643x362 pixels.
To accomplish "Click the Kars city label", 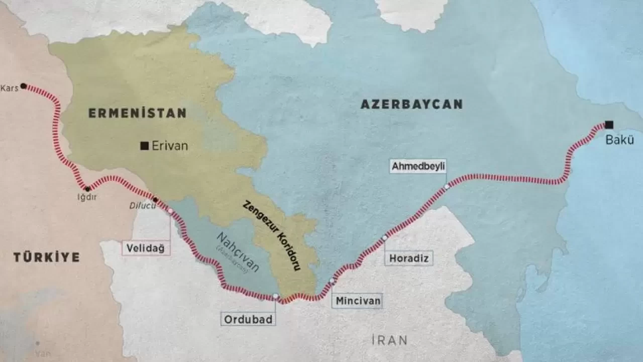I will tap(9, 88).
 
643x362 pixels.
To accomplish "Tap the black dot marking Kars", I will tap(23, 86).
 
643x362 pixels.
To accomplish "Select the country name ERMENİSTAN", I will tap(137, 113).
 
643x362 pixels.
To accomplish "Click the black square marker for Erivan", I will tap(144, 146).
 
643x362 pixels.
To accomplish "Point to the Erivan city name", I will tap(170, 146).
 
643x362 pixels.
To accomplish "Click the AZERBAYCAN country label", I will tap(411, 104).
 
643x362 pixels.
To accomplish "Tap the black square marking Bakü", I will tap(609, 124).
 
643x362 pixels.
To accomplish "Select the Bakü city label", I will tap(620, 140).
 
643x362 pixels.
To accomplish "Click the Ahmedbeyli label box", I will tap(418, 167).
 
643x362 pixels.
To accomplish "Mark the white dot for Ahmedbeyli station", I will tap(446, 187).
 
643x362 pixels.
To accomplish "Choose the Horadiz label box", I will tap(409, 258).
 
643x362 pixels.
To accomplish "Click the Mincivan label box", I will tap(357, 301).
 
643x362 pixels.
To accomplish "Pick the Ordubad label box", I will tap(248, 319).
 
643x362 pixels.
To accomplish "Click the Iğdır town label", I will tap(86, 198).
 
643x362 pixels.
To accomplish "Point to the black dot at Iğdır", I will tap(88, 189).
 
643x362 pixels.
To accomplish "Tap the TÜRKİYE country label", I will tap(46, 257).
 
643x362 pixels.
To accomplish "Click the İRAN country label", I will tap(389, 340).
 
